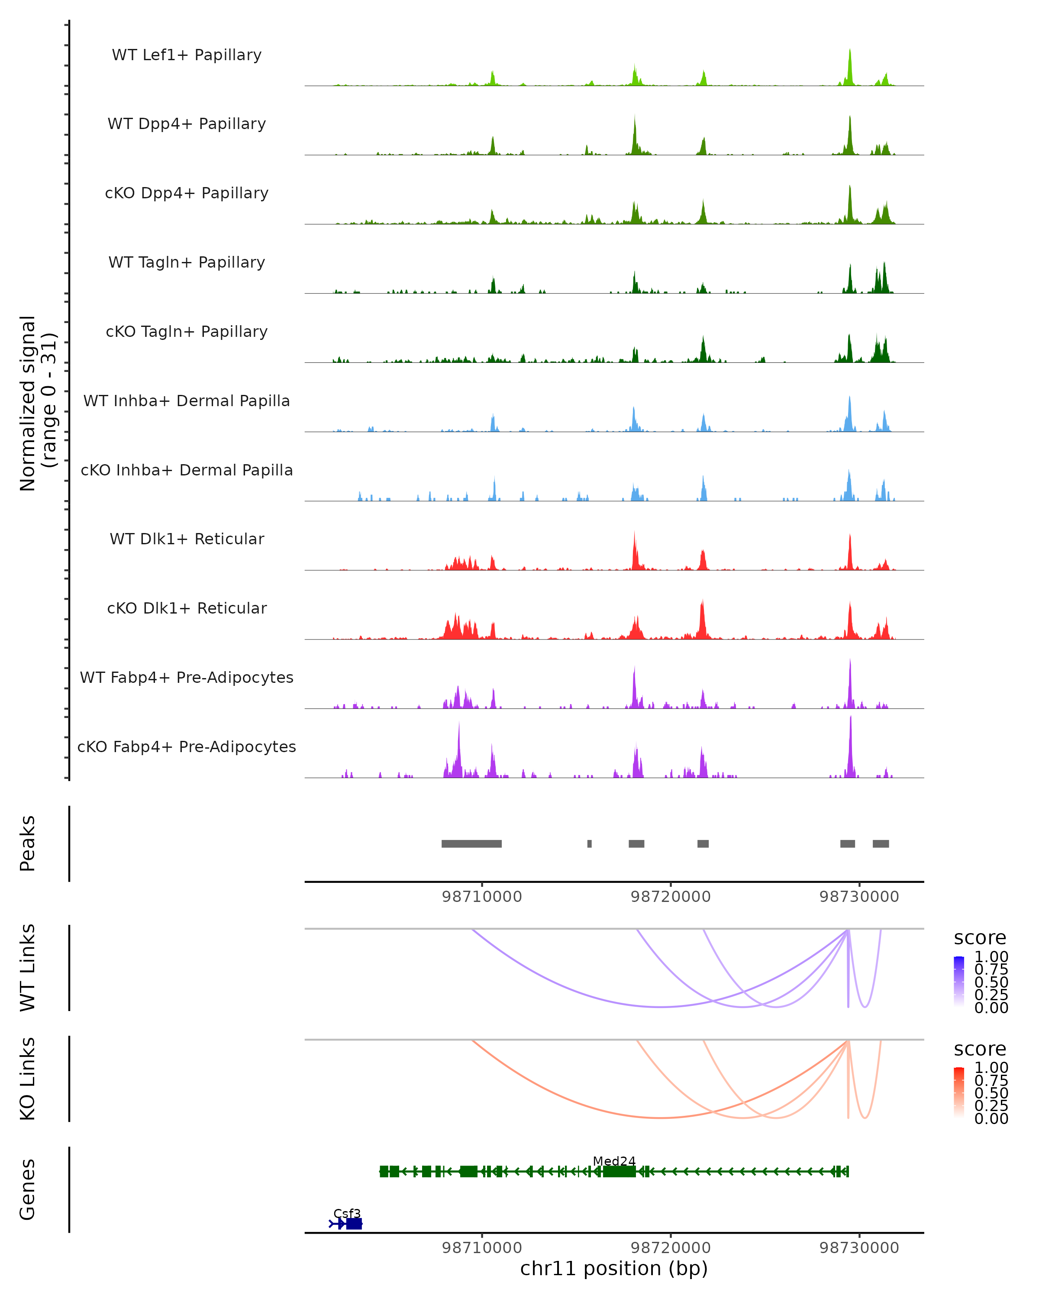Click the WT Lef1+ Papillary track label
[x=187, y=55]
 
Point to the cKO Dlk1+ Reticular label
[x=187, y=608]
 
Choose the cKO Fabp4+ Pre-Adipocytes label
[x=187, y=746]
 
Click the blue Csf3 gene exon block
[x=354, y=1224]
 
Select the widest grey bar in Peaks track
[x=471, y=843]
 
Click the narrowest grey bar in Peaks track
[x=589, y=843]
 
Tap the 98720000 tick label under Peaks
[x=671, y=897]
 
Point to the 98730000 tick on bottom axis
[x=859, y=1248]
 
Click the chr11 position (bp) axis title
[x=614, y=1268]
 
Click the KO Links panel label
[x=28, y=1079]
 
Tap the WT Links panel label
[x=28, y=968]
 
